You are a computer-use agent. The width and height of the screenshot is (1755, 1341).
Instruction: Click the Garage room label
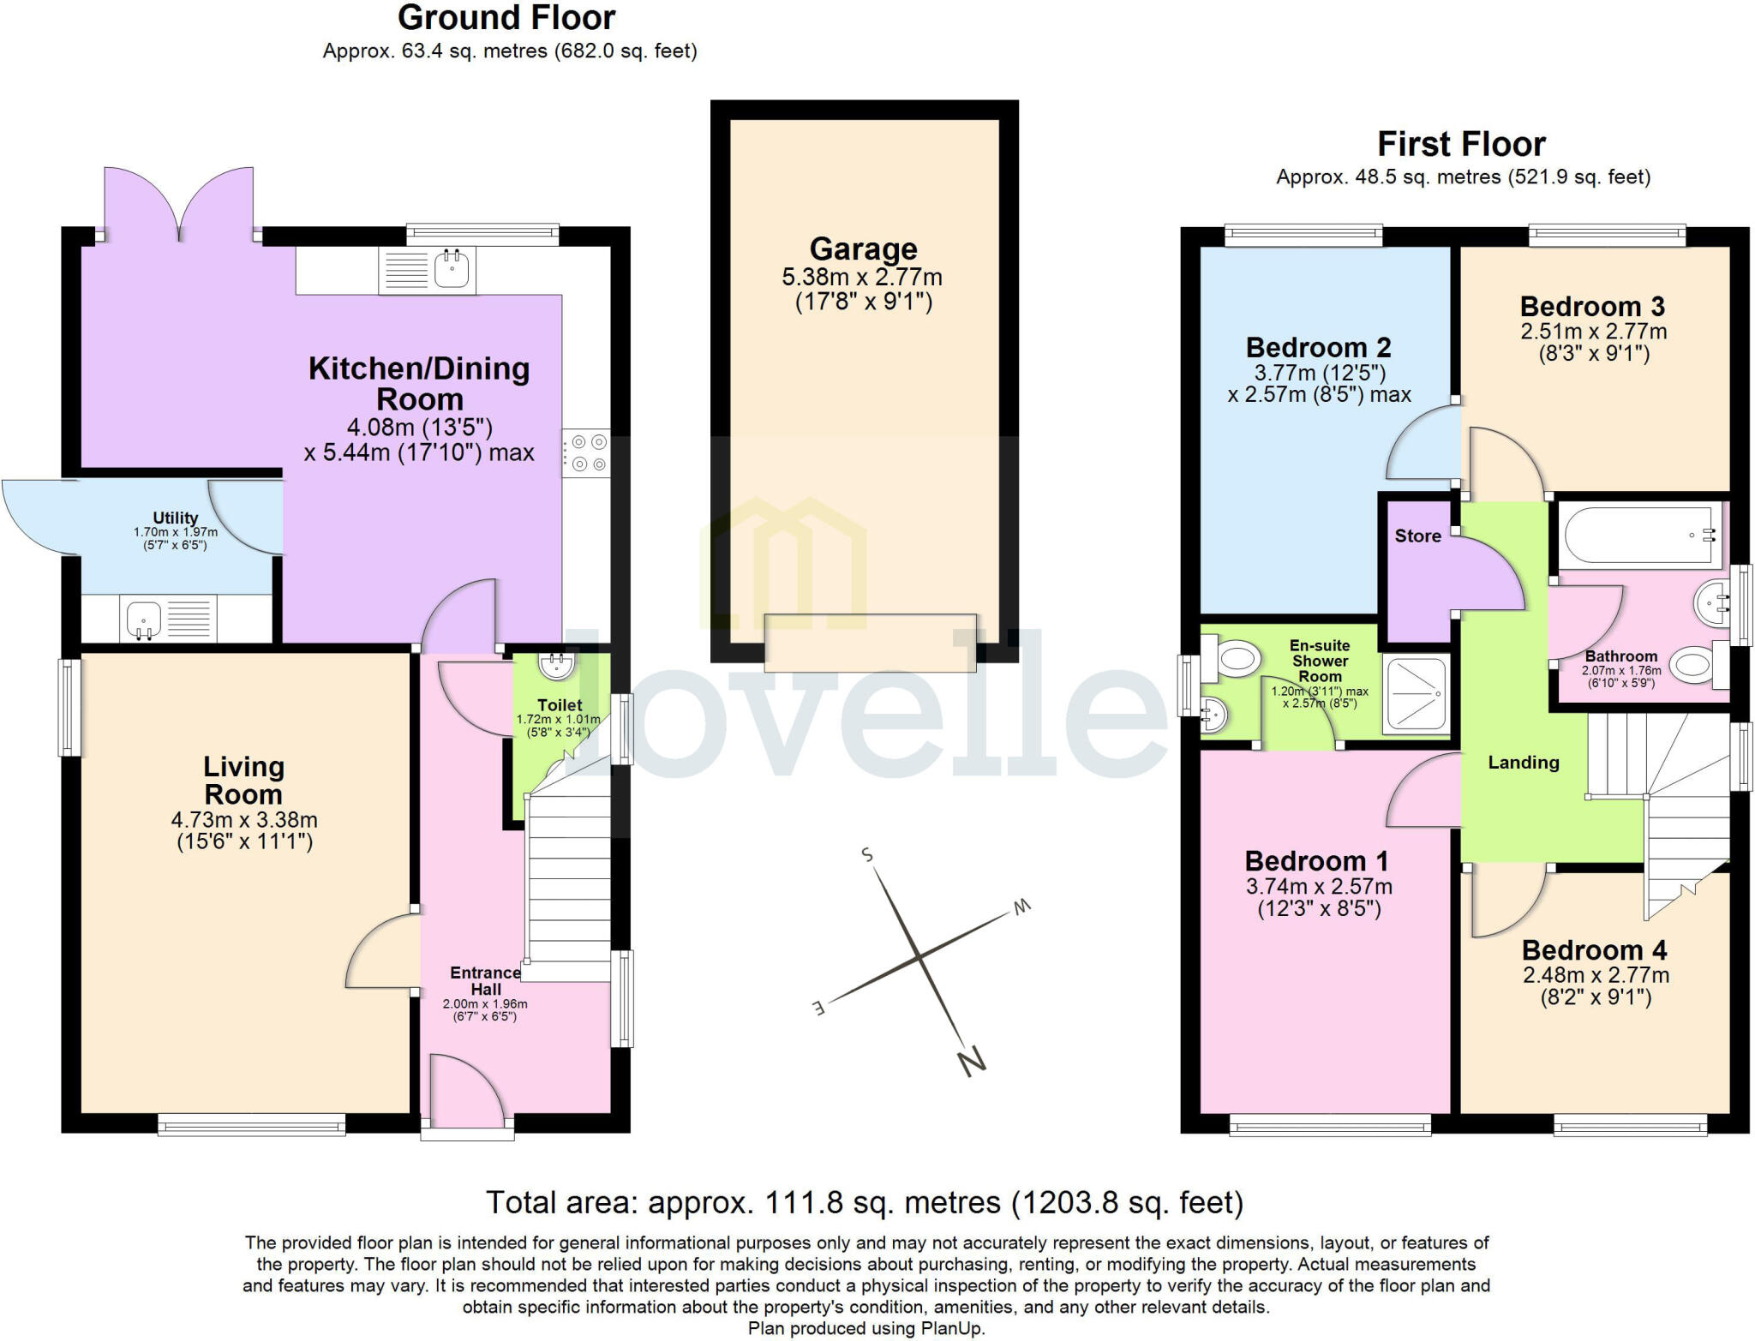[863, 249]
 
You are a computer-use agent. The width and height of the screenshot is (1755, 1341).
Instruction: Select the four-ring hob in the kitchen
[587, 453]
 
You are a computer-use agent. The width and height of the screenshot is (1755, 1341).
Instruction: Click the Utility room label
[175, 518]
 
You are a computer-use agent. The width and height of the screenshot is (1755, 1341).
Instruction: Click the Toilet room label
[560, 705]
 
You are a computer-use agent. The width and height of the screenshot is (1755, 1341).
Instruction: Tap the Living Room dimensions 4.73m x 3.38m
[244, 820]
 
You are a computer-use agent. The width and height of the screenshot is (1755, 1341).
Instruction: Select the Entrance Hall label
[485, 980]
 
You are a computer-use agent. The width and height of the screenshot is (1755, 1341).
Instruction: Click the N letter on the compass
[971, 1063]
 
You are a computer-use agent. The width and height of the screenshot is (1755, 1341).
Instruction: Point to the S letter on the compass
[867, 854]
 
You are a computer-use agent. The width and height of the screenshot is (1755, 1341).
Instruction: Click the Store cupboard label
[1417, 536]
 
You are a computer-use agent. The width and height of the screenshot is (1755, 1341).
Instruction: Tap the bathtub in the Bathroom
[1638, 535]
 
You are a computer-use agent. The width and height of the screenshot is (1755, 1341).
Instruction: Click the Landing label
[1523, 762]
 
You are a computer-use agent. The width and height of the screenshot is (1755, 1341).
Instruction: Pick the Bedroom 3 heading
[1591, 306]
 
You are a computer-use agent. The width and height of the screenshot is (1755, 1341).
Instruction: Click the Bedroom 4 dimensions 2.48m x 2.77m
[1596, 975]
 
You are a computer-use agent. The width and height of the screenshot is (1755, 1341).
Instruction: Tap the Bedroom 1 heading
[1316, 860]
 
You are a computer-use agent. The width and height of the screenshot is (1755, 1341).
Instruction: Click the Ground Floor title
[506, 17]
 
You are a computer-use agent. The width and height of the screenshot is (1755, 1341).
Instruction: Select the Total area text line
[864, 1202]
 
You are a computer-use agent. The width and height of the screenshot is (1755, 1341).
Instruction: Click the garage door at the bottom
[870, 643]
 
